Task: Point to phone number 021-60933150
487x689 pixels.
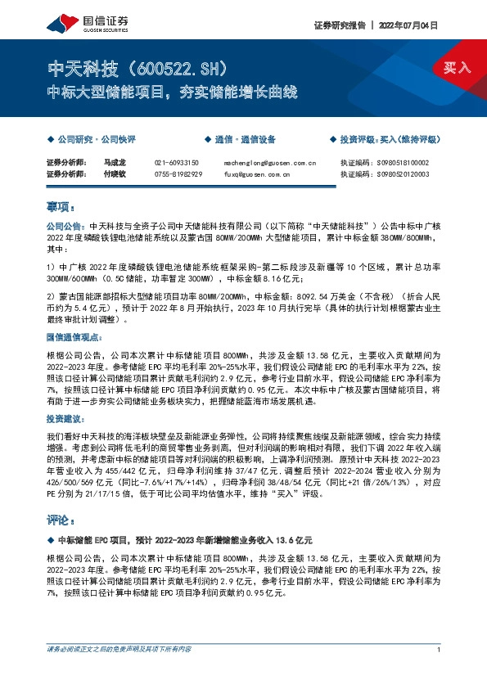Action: coord(178,163)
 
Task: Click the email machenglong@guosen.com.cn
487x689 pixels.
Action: coord(269,163)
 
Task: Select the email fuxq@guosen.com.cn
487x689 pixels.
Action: coord(257,173)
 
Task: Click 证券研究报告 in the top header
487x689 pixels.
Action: coord(339,25)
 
